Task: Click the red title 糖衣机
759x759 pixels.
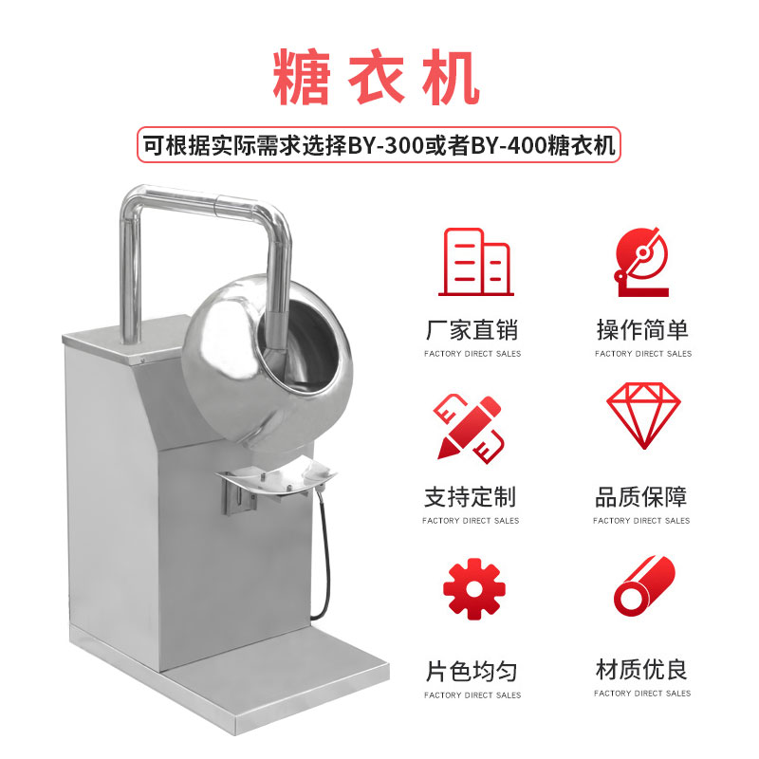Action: point(376,78)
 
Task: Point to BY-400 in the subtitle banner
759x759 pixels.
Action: point(509,145)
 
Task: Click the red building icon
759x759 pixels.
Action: point(476,262)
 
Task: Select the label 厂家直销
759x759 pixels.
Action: point(472,330)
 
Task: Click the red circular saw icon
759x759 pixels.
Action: point(642,262)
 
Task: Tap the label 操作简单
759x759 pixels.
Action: point(642,330)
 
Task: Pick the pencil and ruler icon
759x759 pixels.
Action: point(469,428)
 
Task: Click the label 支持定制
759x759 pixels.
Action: point(470,497)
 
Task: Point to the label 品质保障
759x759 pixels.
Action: point(641,497)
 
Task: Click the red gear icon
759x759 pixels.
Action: point(473,588)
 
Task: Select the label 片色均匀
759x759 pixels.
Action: point(472,672)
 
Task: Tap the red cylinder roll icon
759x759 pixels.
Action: point(644,586)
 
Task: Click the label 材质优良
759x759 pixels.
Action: point(641,670)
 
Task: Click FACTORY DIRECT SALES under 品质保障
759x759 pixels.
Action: point(641,521)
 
